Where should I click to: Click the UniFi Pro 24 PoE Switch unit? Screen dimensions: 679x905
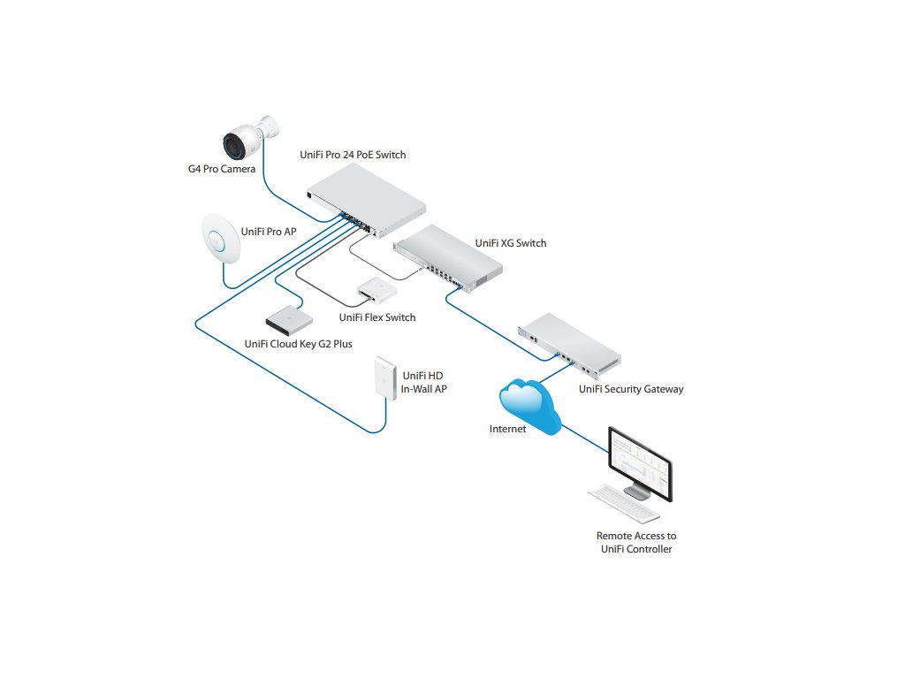366,202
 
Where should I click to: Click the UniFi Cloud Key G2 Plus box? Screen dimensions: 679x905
289,316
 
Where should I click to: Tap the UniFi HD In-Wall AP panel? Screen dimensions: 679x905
385,377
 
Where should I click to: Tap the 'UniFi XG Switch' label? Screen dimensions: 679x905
510,243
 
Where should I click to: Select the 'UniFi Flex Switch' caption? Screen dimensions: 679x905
377,317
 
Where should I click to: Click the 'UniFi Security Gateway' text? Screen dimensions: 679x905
631,388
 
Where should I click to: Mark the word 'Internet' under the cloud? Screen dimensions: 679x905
507,429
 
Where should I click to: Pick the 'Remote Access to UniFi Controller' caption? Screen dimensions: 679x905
636,542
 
